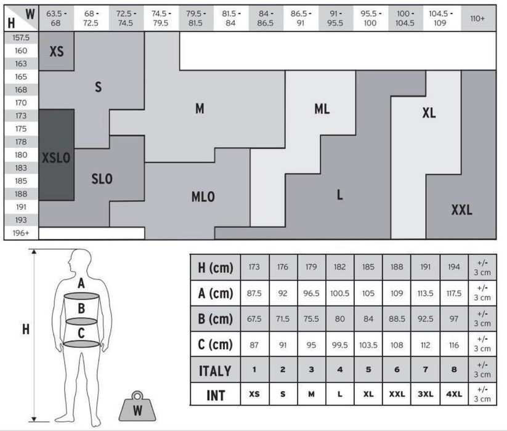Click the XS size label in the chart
(x=57, y=51)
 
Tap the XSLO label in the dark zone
(x=56, y=158)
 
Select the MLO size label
(x=203, y=197)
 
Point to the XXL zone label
(x=462, y=210)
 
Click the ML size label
(x=322, y=109)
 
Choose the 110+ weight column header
(x=477, y=18)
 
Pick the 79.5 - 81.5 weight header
(x=196, y=18)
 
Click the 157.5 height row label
(x=21, y=38)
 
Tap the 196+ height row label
(x=21, y=233)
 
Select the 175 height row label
(x=21, y=129)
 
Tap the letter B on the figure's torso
(x=81, y=308)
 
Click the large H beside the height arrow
(x=26, y=329)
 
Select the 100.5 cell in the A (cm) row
(x=340, y=293)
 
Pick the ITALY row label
(x=215, y=371)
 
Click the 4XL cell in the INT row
(x=454, y=394)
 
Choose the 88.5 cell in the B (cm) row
(x=397, y=319)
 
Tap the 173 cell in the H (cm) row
(x=254, y=267)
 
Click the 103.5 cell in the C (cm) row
(x=368, y=345)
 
